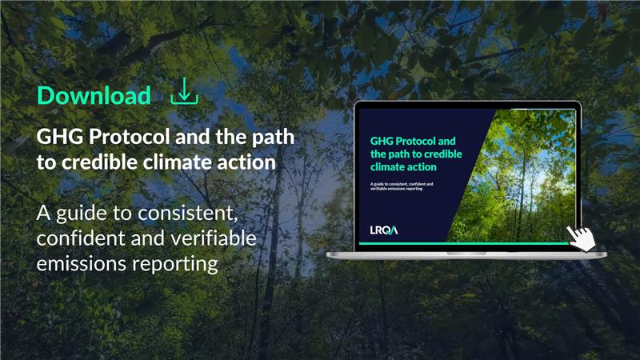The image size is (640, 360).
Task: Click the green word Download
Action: tap(94, 96)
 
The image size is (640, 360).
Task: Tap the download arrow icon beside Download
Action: tap(184, 92)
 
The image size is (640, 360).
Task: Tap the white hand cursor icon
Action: tap(582, 236)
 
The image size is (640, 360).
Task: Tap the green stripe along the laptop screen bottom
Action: tap(464, 242)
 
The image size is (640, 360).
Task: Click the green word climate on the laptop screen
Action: tap(387, 167)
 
